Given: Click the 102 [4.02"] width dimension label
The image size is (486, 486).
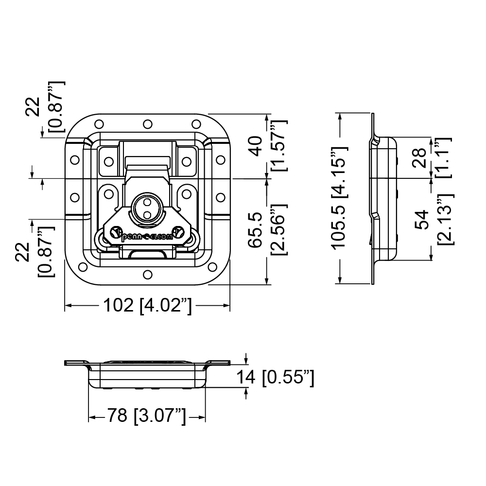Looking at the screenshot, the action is point(148,306).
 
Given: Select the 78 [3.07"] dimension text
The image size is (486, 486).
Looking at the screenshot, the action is point(147,416).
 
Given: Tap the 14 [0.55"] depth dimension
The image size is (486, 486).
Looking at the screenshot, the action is point(276,378).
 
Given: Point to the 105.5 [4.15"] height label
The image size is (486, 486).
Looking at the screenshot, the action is point(340,198).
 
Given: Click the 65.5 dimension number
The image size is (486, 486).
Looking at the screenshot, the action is point(256,230).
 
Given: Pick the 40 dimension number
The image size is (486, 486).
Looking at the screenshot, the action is point(256,146).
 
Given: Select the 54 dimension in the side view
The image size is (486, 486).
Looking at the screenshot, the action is point(421,220).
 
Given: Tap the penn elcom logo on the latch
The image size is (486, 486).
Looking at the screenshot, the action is point(147,237).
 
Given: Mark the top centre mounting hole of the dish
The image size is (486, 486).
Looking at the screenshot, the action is point(148,124).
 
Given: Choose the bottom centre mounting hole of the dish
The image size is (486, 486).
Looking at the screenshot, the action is point(148,275).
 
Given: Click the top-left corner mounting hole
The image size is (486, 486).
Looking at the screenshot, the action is point(99,124).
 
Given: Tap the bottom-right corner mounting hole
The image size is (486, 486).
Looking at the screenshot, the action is point(213,267).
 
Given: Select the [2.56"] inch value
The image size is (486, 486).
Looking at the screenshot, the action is point(279,230).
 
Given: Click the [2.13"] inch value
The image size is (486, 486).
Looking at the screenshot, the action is point(446,220).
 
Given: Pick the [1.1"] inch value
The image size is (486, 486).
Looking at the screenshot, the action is point(444,158).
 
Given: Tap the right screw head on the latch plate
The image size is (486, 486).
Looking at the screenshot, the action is point(178,232).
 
